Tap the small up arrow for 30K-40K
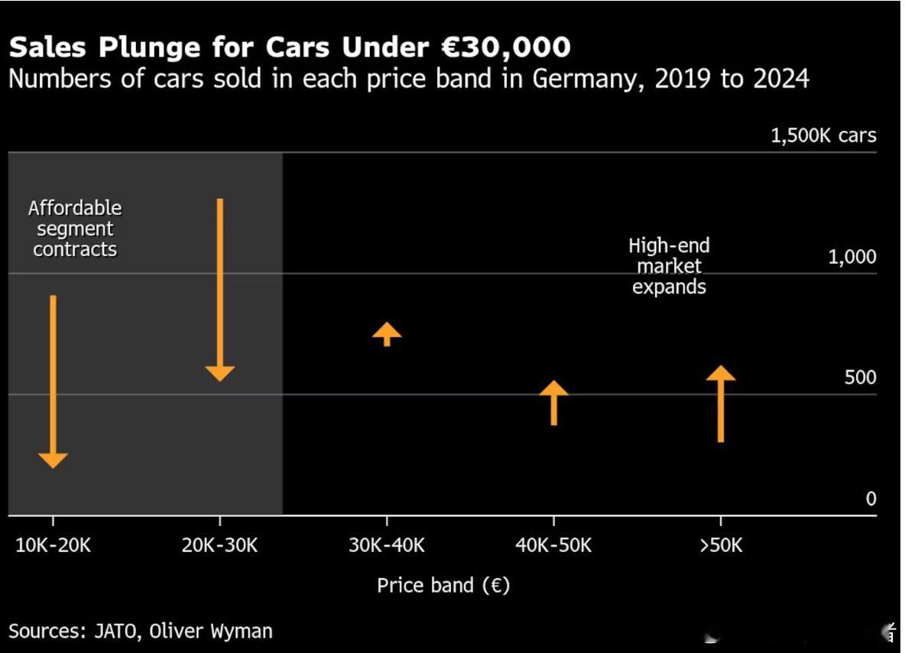[x=387, y=333]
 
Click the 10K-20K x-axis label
[x=53, y=545]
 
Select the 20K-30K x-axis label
[x=220, y=545]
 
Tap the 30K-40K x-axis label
[x=387, y=545]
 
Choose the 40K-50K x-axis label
[x=553, y=545]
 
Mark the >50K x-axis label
[x=720, y=545]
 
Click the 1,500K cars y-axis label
[x=823, y=136]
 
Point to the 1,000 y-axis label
[x=852, y=257]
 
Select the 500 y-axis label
[x=860, y=378]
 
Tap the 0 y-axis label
[x=871, y=499]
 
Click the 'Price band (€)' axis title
[x=443, y=586]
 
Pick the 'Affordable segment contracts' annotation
[x=75, y=229]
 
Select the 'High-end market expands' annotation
[x=669, y=266]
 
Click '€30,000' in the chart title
[x=505, y=47]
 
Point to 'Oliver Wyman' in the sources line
[x=210, y=631]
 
